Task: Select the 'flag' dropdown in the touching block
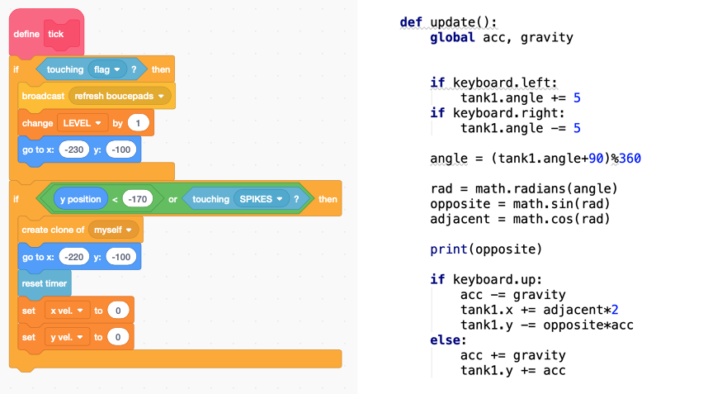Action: pyautogui.click(x=106, y=69)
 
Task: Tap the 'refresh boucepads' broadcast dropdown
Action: pyautogui.click(x=120, y=96)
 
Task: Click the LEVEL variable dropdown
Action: pyautogui.click(x=83, y=123)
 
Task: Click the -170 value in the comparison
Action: pyautogui.click(x=138, y=199)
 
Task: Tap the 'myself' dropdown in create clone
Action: pyautogui.click(x=115, y=230)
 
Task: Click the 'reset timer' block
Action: pyautogui.click(x=45, y=282)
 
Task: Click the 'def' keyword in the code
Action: pyautogui.click(x=411, y=22)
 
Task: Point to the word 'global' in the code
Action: pyautogui.click(x=452, y=37)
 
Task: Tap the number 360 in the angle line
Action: pyautogui.click(x=630, y=159)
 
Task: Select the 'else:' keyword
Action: pyautogui.click(x=447, y=340)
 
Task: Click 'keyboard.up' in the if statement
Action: pyautogui.click(x=497, y=279)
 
